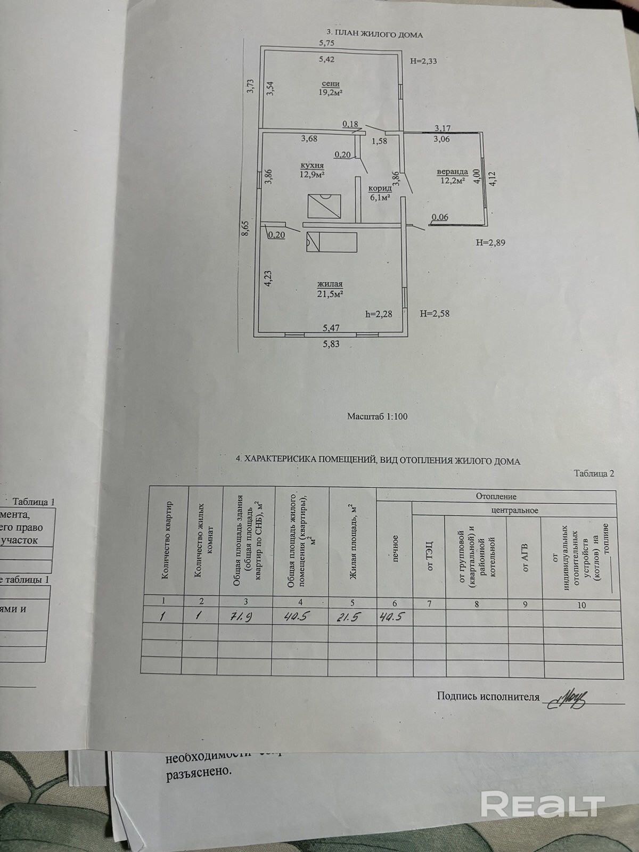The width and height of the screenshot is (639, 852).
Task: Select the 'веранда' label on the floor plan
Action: tap(452, 172)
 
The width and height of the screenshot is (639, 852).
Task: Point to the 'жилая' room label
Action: tap(330, 284)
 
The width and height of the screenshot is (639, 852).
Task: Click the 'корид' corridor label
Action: tap(380, 189)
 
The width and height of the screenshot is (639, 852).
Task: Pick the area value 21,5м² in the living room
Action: tap(330, 293)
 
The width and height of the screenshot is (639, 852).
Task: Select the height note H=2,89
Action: tap(490, 243)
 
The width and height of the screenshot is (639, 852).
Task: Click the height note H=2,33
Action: tap(424, 61)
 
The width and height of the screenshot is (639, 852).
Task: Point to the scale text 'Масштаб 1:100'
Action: tap(377, 416)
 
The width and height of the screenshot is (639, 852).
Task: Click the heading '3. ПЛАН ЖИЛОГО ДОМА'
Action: tap(374, 35)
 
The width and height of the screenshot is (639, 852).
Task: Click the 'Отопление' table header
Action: tap(496, 496)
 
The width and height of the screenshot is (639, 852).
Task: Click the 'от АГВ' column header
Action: tap(524, 557)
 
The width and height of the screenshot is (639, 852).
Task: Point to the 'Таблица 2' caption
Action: tap(594, 473)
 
